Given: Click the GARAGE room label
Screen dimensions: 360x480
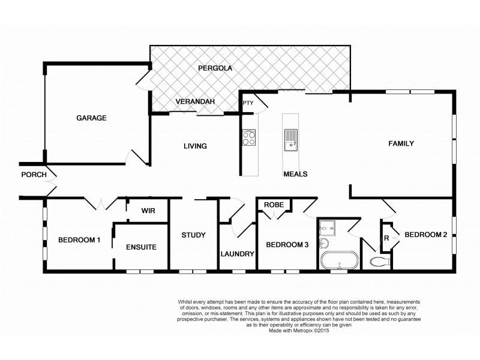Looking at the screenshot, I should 91,118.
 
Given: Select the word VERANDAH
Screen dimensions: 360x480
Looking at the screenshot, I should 195,102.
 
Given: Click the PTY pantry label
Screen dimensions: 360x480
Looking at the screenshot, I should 248,103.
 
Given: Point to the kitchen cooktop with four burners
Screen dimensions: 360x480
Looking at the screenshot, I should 249,139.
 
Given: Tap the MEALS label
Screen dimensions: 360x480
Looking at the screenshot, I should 295,174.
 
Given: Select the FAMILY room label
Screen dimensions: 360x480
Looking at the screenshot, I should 401,144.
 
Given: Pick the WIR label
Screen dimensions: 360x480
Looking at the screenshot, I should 148,211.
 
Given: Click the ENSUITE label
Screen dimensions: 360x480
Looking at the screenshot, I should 141,247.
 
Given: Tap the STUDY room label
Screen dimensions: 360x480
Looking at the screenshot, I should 194,235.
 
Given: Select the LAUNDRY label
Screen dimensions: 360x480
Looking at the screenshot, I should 238,254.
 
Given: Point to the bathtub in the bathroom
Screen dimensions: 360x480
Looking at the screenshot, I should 338,262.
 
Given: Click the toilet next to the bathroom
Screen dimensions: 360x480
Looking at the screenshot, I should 380,260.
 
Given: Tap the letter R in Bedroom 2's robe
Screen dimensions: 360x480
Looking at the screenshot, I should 387,238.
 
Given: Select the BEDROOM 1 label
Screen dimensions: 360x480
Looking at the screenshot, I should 79,241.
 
